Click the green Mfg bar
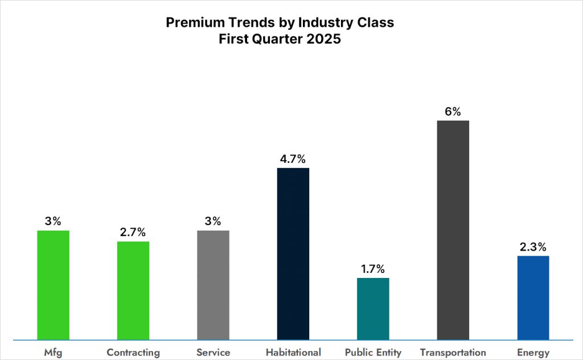click(53, 285)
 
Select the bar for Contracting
click(133, 291)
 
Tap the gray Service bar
click(213, 285)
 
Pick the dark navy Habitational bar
click(293, 253)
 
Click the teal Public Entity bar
click(373, 309)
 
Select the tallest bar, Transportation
click(453, 230)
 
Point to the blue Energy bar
click(533, 297)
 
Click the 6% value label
click(453, 112)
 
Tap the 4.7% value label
click(293, 159)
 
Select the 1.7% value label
click(373, 269)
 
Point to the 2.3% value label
click(533, 247)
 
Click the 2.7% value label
click(133, 232)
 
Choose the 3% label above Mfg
click(53, 222)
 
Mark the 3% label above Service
click(213, 222)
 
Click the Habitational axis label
click(293, 353)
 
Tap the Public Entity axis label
click(373, 353)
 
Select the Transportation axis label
click(453, 353)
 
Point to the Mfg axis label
click(53, 353)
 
